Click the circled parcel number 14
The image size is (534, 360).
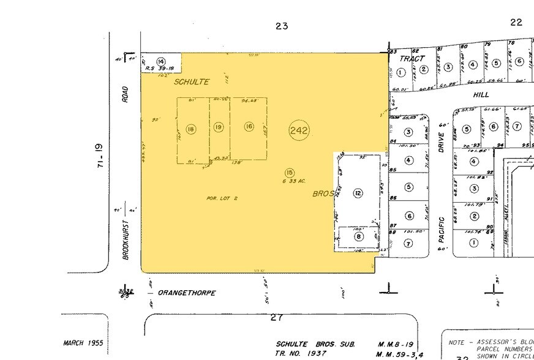(161, 61)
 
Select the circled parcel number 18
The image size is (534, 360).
(192, 129)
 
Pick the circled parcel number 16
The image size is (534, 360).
(249, 126)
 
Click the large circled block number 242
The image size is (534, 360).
(299, 130)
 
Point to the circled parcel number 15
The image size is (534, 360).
(290, 173)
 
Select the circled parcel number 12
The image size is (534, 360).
(358, 193)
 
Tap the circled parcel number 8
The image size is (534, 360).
(358, 236)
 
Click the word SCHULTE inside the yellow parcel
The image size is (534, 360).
(191, 81)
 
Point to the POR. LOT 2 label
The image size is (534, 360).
(222, 198)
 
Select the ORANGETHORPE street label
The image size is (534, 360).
(187, 293)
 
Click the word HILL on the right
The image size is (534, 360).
(481, 96)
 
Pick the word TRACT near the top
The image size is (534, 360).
(412, 59)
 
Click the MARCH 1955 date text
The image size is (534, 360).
(83, 343)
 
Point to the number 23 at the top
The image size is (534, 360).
(282, 26)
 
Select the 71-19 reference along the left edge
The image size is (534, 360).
(100, 156)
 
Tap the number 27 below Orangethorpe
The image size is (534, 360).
(277, 318)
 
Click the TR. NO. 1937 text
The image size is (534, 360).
(300, 354)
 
